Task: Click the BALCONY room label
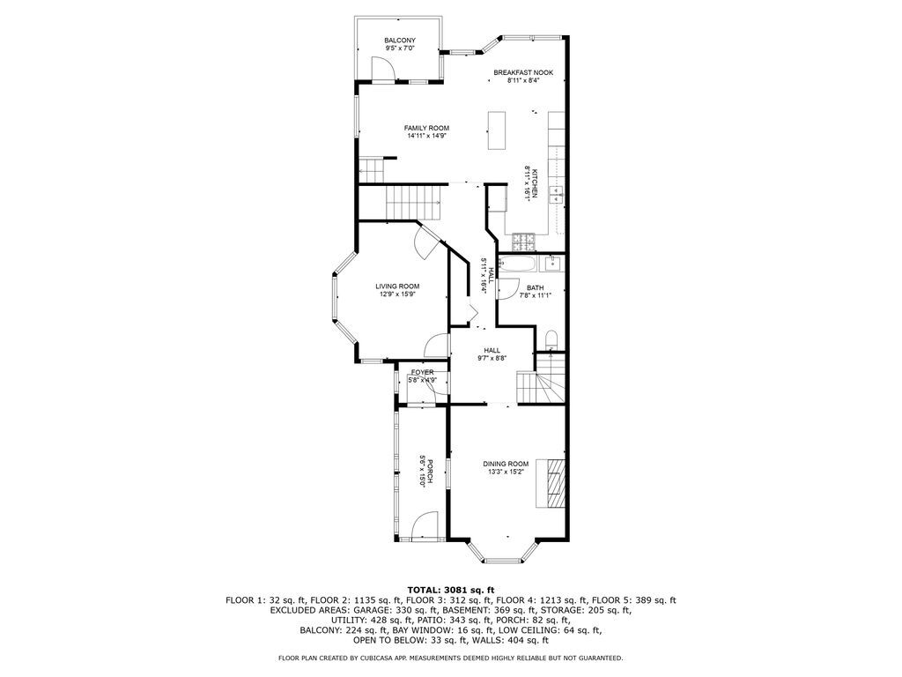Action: [399, 41]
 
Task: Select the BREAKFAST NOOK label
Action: [523, 72]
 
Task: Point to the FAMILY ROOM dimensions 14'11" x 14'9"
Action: [427, 137]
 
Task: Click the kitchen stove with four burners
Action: [526, 241]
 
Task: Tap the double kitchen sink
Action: [557, 195]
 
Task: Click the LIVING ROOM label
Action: [397, 286]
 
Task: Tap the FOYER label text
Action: [422, 372]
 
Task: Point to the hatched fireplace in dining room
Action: [553, 484]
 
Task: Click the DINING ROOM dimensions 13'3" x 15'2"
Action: [506, 472]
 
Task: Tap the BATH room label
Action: [535, 287]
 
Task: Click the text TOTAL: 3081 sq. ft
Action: [450, 589]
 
